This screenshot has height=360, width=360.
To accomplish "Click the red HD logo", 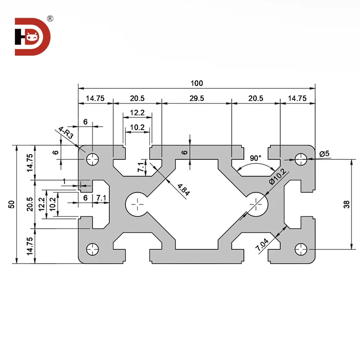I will point(31,36).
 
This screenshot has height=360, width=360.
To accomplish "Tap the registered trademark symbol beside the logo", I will point(50,19).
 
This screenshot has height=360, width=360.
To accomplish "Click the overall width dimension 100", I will point(196,83).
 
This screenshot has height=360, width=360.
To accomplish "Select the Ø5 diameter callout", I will point(324,154).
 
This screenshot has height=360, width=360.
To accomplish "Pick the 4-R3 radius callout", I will point(66,133).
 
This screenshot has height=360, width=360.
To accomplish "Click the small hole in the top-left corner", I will point(92,158).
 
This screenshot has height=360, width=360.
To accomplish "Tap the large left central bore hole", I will point(138,204).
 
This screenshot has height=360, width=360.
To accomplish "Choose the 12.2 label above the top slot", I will point(137,112).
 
